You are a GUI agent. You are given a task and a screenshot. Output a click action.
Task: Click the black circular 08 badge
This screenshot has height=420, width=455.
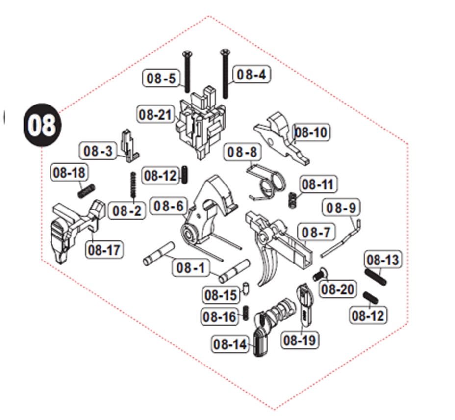pyautogui.click(x=42, y=125)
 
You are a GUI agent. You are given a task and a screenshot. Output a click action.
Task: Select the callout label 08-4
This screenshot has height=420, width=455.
pyautogui.click(x=251, y=75)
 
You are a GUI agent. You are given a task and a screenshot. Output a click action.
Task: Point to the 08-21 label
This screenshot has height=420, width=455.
pyautogui.click(x=155, y=115)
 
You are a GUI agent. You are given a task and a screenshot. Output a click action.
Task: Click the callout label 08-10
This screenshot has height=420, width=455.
pyautogui.click(x=310, y=132)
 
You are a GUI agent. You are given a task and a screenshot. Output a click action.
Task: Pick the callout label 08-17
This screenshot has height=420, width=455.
pyautogui.click(x=104, y=250)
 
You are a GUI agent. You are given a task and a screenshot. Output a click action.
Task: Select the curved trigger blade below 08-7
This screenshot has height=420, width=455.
pyautogui.click(x=267, y=265)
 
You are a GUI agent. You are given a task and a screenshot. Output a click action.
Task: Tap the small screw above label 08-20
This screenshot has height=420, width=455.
pyautogui.click(x=320, y=274)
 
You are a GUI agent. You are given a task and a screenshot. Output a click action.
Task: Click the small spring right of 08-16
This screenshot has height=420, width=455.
pyautogui.click(x=247, y=314)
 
